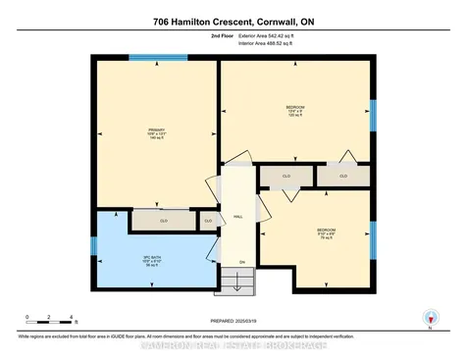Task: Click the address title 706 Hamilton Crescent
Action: pos(233,22)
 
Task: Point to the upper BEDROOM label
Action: pos(295,109)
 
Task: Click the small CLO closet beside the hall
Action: pos(208,221)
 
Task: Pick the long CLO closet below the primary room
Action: pos(163,221)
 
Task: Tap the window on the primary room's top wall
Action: pos(157,57)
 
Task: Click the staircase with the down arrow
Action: pos(242,281)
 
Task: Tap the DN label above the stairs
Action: pos(242,262)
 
